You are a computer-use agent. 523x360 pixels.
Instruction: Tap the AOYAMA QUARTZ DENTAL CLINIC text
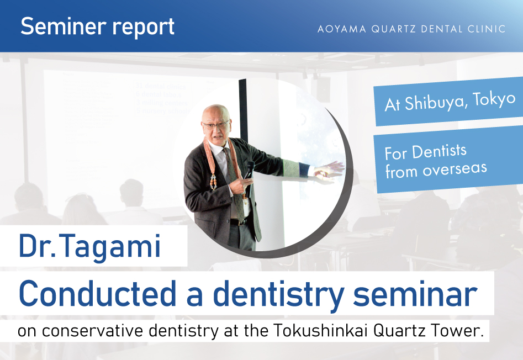pyautogui.click(x=411, y=29)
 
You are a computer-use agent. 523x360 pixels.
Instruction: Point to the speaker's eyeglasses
pyautogui.click(x=215, y=125)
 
